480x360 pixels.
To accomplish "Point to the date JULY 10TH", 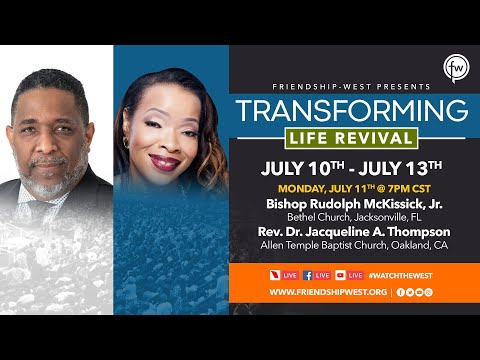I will pos(297,165).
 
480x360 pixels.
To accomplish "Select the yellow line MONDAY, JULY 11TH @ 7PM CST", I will pos(345,186).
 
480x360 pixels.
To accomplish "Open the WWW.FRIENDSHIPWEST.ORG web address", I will pos(327,292).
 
